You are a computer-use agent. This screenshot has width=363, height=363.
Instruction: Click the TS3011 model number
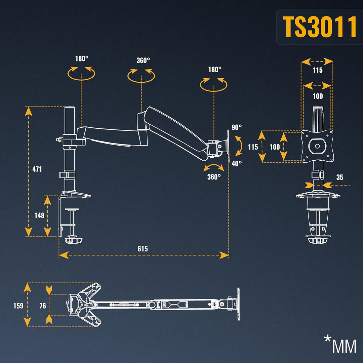coord(320,27)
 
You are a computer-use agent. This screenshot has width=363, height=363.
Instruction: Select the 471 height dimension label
coord(37,169)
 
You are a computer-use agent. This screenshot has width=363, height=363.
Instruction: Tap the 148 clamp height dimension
coord(39,215)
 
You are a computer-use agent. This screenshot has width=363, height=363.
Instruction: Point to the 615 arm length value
coord(143,249)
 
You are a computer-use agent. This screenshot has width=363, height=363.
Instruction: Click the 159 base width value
coord(18,306)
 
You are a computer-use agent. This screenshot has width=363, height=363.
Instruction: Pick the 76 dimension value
coord(43,306)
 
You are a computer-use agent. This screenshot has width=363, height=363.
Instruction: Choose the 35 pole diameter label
coord(340,177)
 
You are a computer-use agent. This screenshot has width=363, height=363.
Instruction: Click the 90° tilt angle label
coord(236,127)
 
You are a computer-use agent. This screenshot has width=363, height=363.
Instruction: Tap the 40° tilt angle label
coord(236,164)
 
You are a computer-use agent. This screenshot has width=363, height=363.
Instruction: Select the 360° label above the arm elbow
coord(143,61)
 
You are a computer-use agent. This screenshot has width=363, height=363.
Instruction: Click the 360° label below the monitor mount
coord(214,177)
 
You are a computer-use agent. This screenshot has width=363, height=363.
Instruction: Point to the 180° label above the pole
coord(82,58)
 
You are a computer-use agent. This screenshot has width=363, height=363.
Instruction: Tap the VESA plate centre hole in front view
coord(317,146)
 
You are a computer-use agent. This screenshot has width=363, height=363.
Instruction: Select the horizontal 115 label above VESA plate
coord(317,70)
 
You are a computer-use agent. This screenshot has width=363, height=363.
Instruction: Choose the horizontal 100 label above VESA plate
coord(317,96)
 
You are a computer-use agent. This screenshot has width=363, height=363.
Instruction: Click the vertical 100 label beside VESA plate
coord(275,147)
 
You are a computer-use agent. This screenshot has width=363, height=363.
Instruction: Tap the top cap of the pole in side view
coord(70,108)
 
